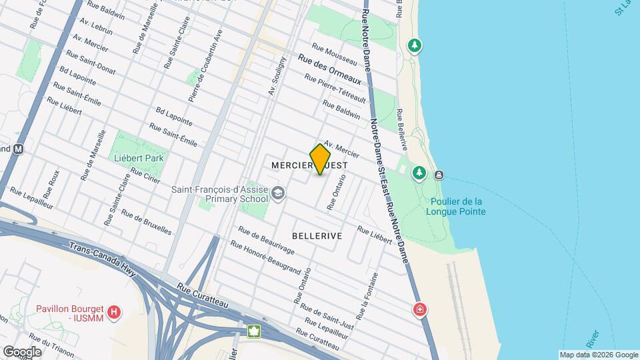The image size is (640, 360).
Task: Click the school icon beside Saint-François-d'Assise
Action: pos(277,194)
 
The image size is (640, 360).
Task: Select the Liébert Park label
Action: pos(139,158)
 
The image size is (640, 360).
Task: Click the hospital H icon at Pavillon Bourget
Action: pos(115,311)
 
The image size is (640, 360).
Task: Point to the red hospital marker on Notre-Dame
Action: pos(420,309)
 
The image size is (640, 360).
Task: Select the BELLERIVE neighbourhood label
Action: pos(317,236)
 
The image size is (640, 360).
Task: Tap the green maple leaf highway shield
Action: pos(253,331)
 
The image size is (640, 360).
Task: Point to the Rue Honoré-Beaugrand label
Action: pos(269,255)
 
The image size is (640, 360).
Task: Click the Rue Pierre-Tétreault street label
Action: pos(335,88)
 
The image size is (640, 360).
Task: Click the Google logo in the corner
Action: pos(22,351)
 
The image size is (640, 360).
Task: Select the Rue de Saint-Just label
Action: pos(326,316)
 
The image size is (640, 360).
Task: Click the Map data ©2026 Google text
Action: pos(599,355)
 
